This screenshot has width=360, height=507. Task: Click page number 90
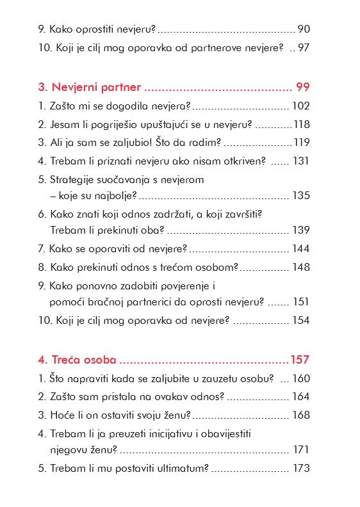coord(304,29)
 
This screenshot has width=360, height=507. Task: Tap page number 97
coord(304,49)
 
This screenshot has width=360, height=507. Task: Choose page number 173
coord(301,469)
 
